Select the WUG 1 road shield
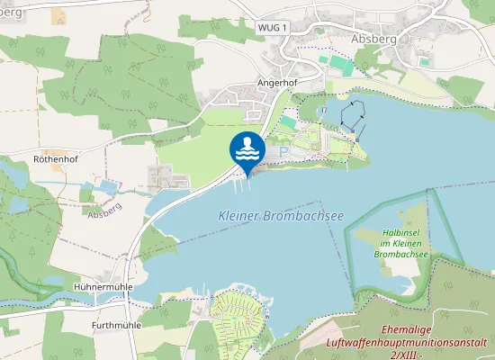pyautogui.click(x=271, y=28)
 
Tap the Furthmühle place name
pyautogui.click(x=117, y=324)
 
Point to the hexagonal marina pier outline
pyautogui.click(x=352, y=114)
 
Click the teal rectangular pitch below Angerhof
pyautogui.click(x=288, y=121)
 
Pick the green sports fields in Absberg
pyautogui.click(x=340, y=65)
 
